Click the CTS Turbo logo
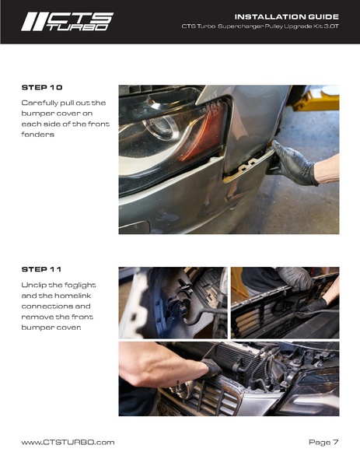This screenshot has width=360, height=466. [67, 22]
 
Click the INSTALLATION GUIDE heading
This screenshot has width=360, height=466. [287, 16]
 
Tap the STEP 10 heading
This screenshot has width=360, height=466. [42, 87]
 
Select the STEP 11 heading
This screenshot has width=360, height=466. [41, 269]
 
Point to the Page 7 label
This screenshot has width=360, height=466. [323, 442]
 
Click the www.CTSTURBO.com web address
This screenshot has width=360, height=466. [68, 442]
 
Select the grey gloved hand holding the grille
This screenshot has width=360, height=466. [295, 279]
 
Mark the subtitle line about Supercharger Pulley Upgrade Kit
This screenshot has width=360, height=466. [260, 26]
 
